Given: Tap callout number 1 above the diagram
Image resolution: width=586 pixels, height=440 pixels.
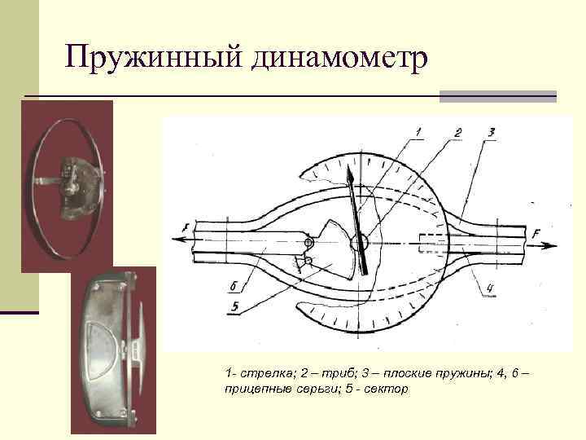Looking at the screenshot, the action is [418, 131].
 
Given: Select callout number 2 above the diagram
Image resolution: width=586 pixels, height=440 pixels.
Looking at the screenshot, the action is [457, 131].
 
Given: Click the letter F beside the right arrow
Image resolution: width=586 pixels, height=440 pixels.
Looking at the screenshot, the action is [536, 234].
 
